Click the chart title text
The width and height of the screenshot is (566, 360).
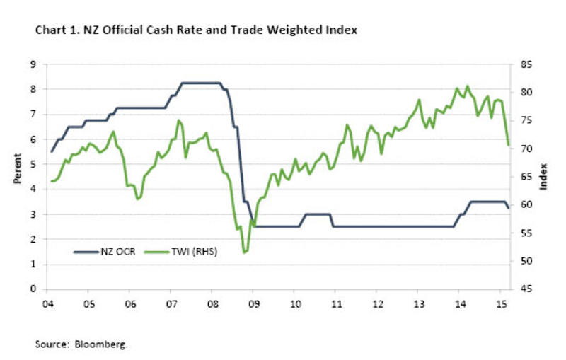190,30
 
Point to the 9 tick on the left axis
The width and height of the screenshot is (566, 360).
33,64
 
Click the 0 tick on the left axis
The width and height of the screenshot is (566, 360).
33,289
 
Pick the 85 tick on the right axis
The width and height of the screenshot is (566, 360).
526,64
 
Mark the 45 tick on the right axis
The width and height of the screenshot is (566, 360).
526,289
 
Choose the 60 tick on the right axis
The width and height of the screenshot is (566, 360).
526,205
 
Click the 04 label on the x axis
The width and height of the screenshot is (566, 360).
47,303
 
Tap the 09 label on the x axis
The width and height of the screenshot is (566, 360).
253,303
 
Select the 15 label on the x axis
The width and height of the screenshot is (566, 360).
500,303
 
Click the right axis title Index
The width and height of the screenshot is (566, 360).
545,176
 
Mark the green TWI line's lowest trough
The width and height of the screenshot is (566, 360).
245,252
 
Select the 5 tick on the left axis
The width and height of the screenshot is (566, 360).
33,164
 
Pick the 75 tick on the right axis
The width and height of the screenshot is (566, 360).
526,121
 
